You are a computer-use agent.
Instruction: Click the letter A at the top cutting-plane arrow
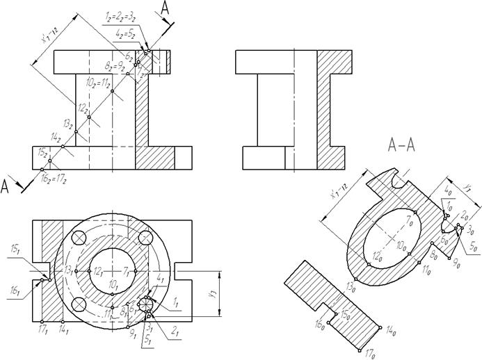coord(164,8)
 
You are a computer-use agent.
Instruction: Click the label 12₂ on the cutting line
coord(82,108)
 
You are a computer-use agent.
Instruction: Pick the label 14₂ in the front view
coord(56,137)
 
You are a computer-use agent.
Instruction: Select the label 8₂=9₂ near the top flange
coord(113,67)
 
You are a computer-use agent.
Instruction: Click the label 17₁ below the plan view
coord(44,327)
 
